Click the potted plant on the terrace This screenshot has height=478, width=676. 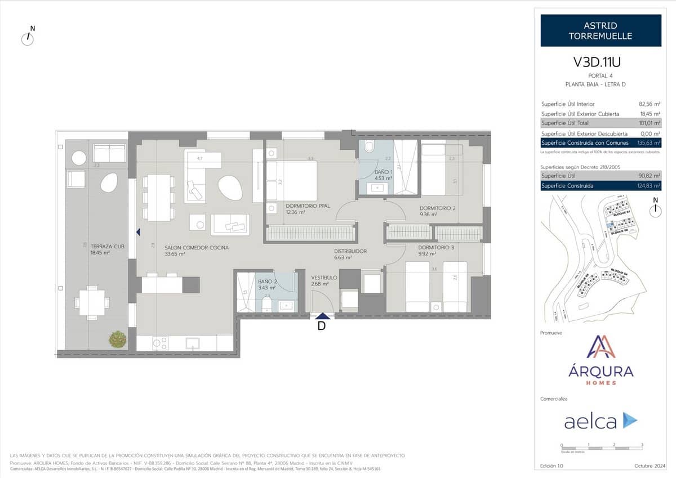tap(118, 339)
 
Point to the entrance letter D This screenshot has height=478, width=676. tap(322, 326)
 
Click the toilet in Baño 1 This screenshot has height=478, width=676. tap(370, 147)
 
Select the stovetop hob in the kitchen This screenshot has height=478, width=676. tap(161, 342)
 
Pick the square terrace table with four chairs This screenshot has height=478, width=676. tap(92, 302)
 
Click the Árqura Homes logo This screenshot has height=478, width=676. tap(601, 360)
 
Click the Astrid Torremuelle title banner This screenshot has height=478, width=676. tap(601, 31)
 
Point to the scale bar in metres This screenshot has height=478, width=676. tap(602, 448)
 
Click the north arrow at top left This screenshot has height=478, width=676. tap(28, 38)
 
